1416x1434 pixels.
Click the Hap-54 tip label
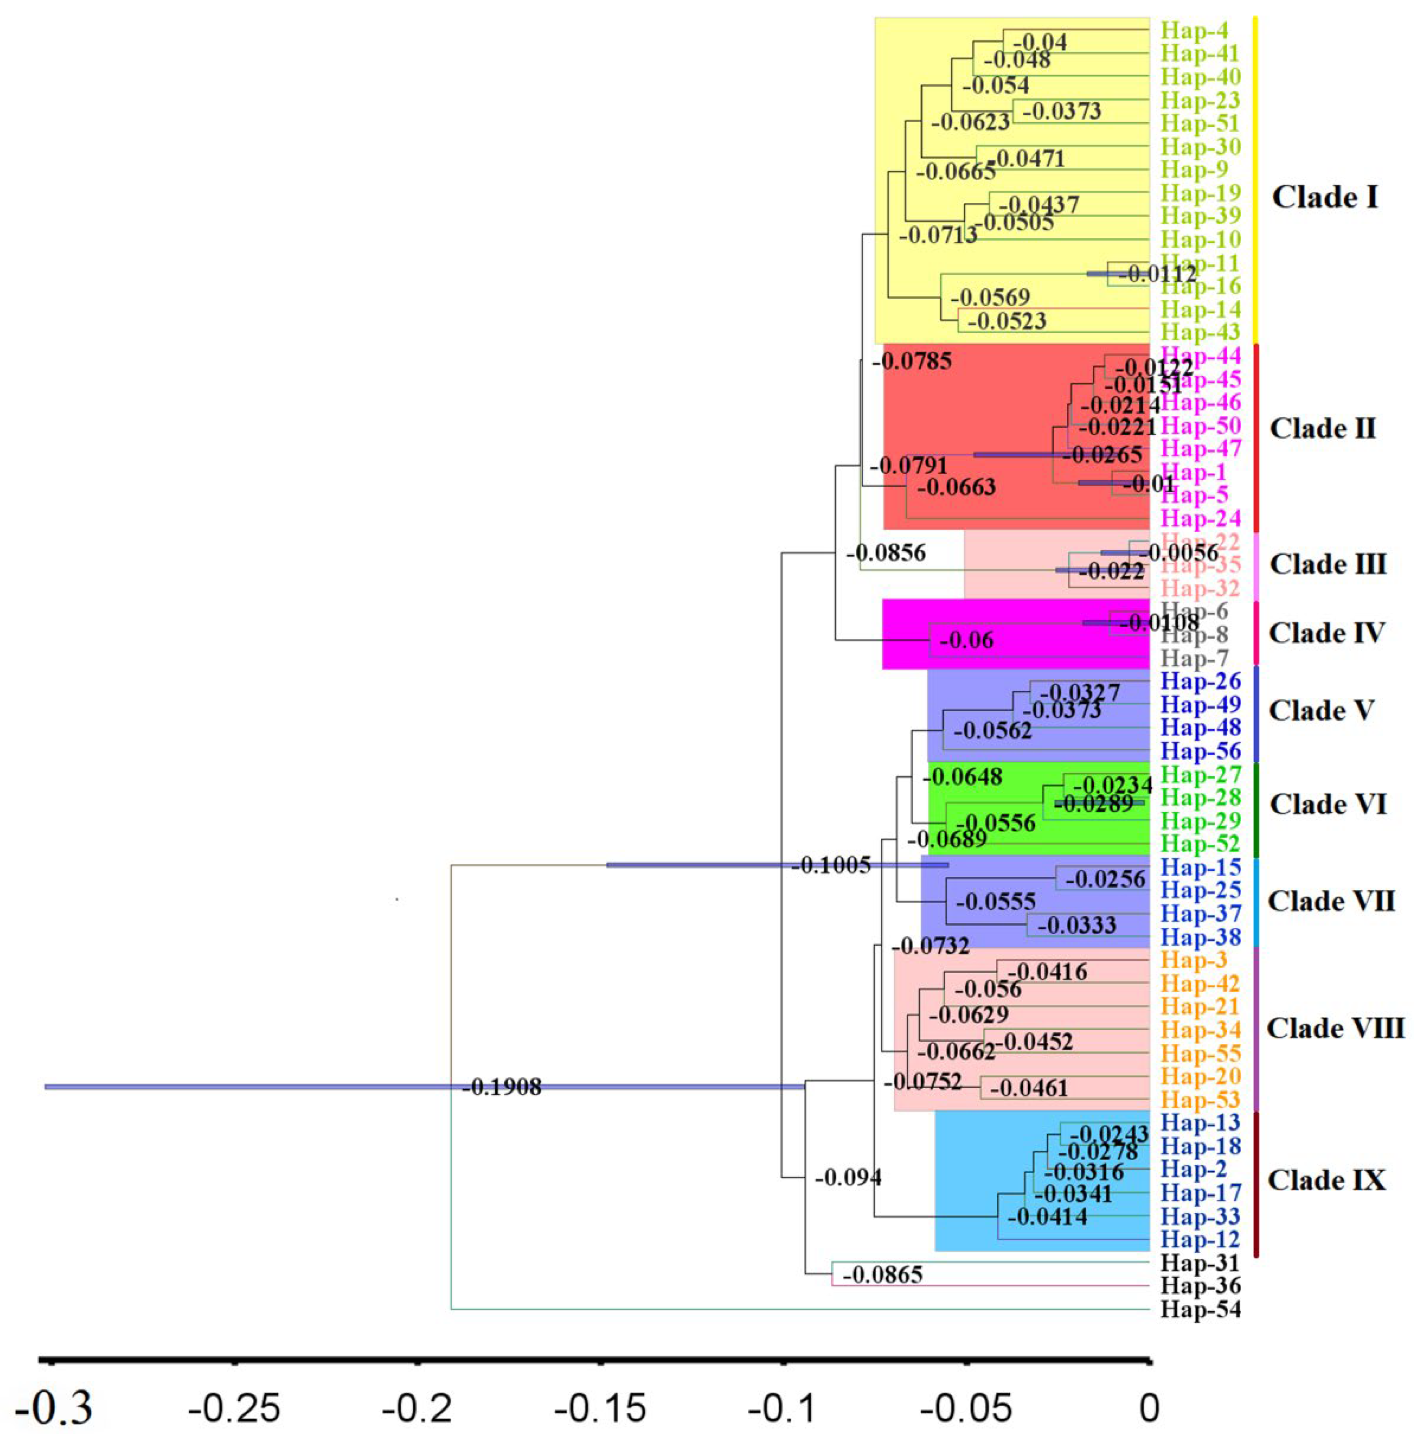[1200, 1309]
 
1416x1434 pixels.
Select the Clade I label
[1325, 197]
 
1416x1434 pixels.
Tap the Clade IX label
[1326, 1180]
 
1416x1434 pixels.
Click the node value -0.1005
[831, 865]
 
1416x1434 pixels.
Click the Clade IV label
[1326, 633]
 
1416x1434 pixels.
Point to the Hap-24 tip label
[1200, 518]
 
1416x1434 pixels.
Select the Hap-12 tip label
[1200, 1239]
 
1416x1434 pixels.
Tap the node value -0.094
[848, 1177]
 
